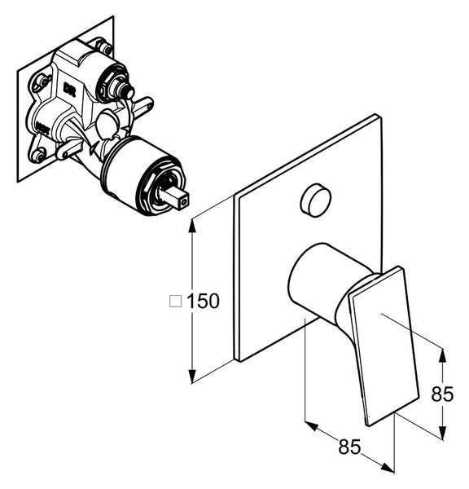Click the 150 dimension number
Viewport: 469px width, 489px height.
click(x=203, y=302)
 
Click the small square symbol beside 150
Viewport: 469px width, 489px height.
click(x=175, y=302)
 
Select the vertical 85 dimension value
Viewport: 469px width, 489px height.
click(x=442, y=394)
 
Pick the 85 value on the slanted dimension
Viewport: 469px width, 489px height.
click(x=349, y=447)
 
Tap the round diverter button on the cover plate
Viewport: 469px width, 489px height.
click(x=316, y=200)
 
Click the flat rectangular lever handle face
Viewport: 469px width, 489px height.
click(x=384, y=346)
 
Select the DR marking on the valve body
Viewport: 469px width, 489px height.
click(x=69, y=89)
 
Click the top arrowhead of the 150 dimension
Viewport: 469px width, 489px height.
click(x=192, y=225)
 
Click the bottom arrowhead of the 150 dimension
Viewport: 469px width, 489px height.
click(x=192, y=376)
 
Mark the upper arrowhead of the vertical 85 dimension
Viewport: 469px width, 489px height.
click(x=441, y=355)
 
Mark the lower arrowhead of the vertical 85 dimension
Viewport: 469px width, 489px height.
click(x=441, y=432)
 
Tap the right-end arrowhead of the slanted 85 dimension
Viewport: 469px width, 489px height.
click(x=388, y=468)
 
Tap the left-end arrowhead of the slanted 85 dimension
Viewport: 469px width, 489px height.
click(x=312, y=426)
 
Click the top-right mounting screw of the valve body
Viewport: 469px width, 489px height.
click(x=105, y=47)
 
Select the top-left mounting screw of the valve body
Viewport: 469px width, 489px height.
click(x=43, y=81)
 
